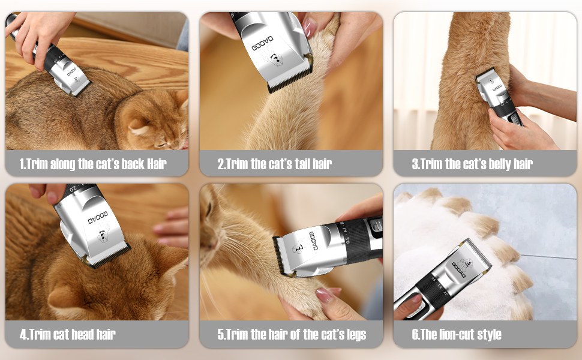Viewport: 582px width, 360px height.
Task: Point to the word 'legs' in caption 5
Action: [353, 334]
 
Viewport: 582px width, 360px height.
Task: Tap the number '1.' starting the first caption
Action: [23, 164]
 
